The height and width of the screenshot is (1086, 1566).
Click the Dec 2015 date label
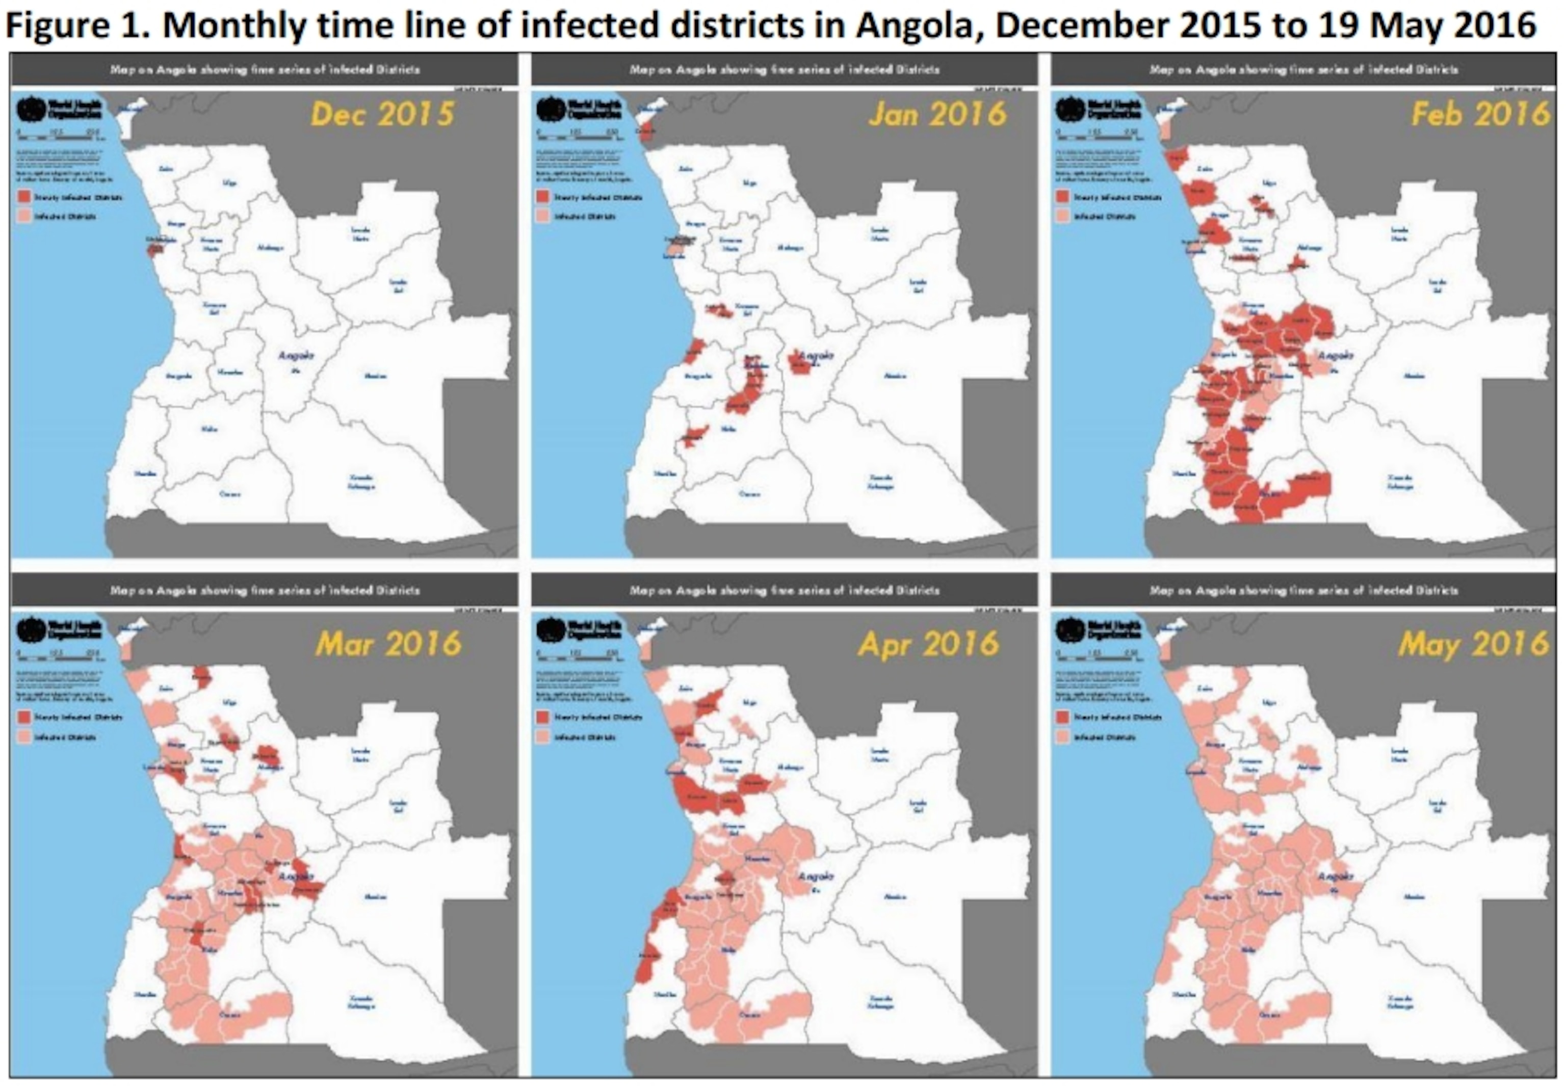[x=382, y=114]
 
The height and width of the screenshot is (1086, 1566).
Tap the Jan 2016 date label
[x=937, y=114]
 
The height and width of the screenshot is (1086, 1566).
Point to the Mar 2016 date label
[x=388, y=644]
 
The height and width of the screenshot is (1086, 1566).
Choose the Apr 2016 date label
[x=928, y=644]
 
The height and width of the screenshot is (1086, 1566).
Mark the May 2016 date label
[x=1473, y=644]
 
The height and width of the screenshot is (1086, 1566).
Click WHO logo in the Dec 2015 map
[x=31, y=109]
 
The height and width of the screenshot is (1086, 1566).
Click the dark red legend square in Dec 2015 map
[x=24, y=197]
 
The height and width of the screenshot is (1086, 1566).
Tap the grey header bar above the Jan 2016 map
[x=784, y=69]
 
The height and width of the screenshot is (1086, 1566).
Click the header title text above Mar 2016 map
[x=265, y=591]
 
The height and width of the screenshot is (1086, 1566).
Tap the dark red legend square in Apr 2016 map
[x=543, y=717]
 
